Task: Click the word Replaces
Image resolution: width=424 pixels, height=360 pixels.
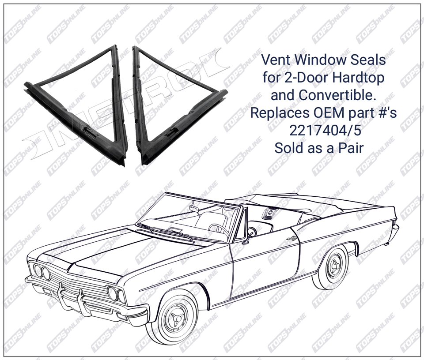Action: [x=280, y=113]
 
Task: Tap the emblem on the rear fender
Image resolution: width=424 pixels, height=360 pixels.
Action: [x=291, y=238]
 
